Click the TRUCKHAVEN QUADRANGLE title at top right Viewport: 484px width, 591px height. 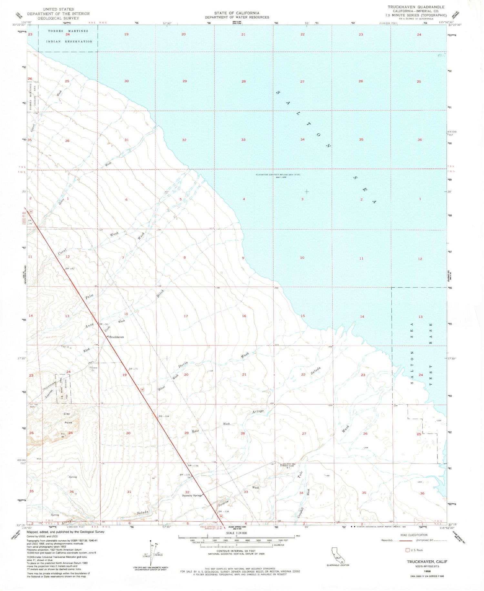click(416, 7)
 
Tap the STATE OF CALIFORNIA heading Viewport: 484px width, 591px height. click(237, 13)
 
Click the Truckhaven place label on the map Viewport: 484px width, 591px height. click(116, 337)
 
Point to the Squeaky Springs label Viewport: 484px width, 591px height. click(192, 495)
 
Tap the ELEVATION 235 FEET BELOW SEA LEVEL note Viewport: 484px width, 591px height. click(278, 175)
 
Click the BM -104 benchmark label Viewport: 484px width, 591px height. click(164, 416)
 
